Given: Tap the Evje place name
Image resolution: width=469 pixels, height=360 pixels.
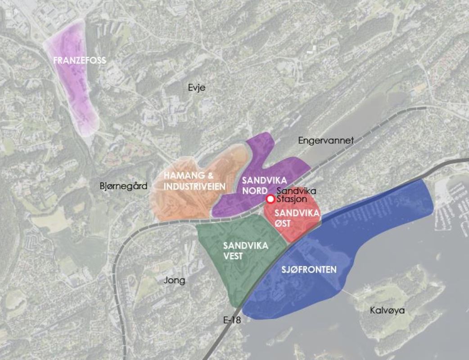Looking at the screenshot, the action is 197,87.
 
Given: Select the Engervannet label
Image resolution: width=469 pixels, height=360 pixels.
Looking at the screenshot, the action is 326,141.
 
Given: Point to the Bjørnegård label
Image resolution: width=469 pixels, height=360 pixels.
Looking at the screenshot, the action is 123,186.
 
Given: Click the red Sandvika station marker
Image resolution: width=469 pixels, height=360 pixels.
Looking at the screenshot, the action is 271,199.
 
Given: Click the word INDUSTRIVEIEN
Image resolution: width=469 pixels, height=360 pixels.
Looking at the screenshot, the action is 194,187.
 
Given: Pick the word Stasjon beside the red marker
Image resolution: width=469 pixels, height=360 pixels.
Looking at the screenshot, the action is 291,199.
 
